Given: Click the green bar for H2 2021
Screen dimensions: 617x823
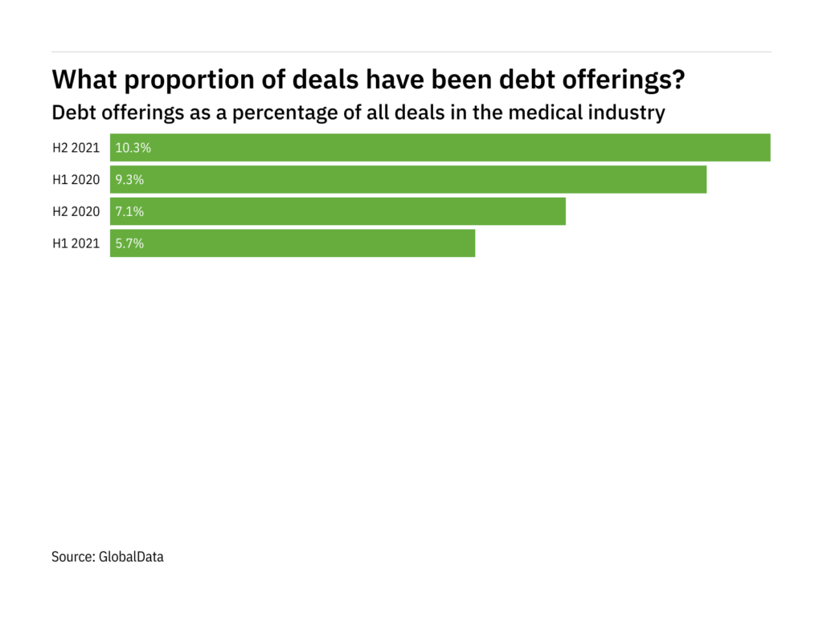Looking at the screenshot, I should tap(440, 148).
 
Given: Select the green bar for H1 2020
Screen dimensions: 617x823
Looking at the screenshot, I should tap(408, 180).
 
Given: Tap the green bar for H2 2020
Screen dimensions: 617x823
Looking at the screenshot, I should tap(338, 211).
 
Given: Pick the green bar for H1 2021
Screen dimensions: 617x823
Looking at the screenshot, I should tap(293, 243).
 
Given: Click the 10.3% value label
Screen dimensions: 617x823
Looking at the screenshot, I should tap(133, 148).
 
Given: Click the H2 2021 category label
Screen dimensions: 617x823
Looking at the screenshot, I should tap(76, 148).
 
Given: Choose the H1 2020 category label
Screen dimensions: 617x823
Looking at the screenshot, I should tap(76, 180).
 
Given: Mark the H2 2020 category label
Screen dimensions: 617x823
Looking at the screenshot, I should tap(76, 211).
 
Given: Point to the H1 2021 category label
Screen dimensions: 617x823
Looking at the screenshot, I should tap(76, 243).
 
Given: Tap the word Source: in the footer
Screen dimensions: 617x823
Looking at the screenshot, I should tap(73, 556).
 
